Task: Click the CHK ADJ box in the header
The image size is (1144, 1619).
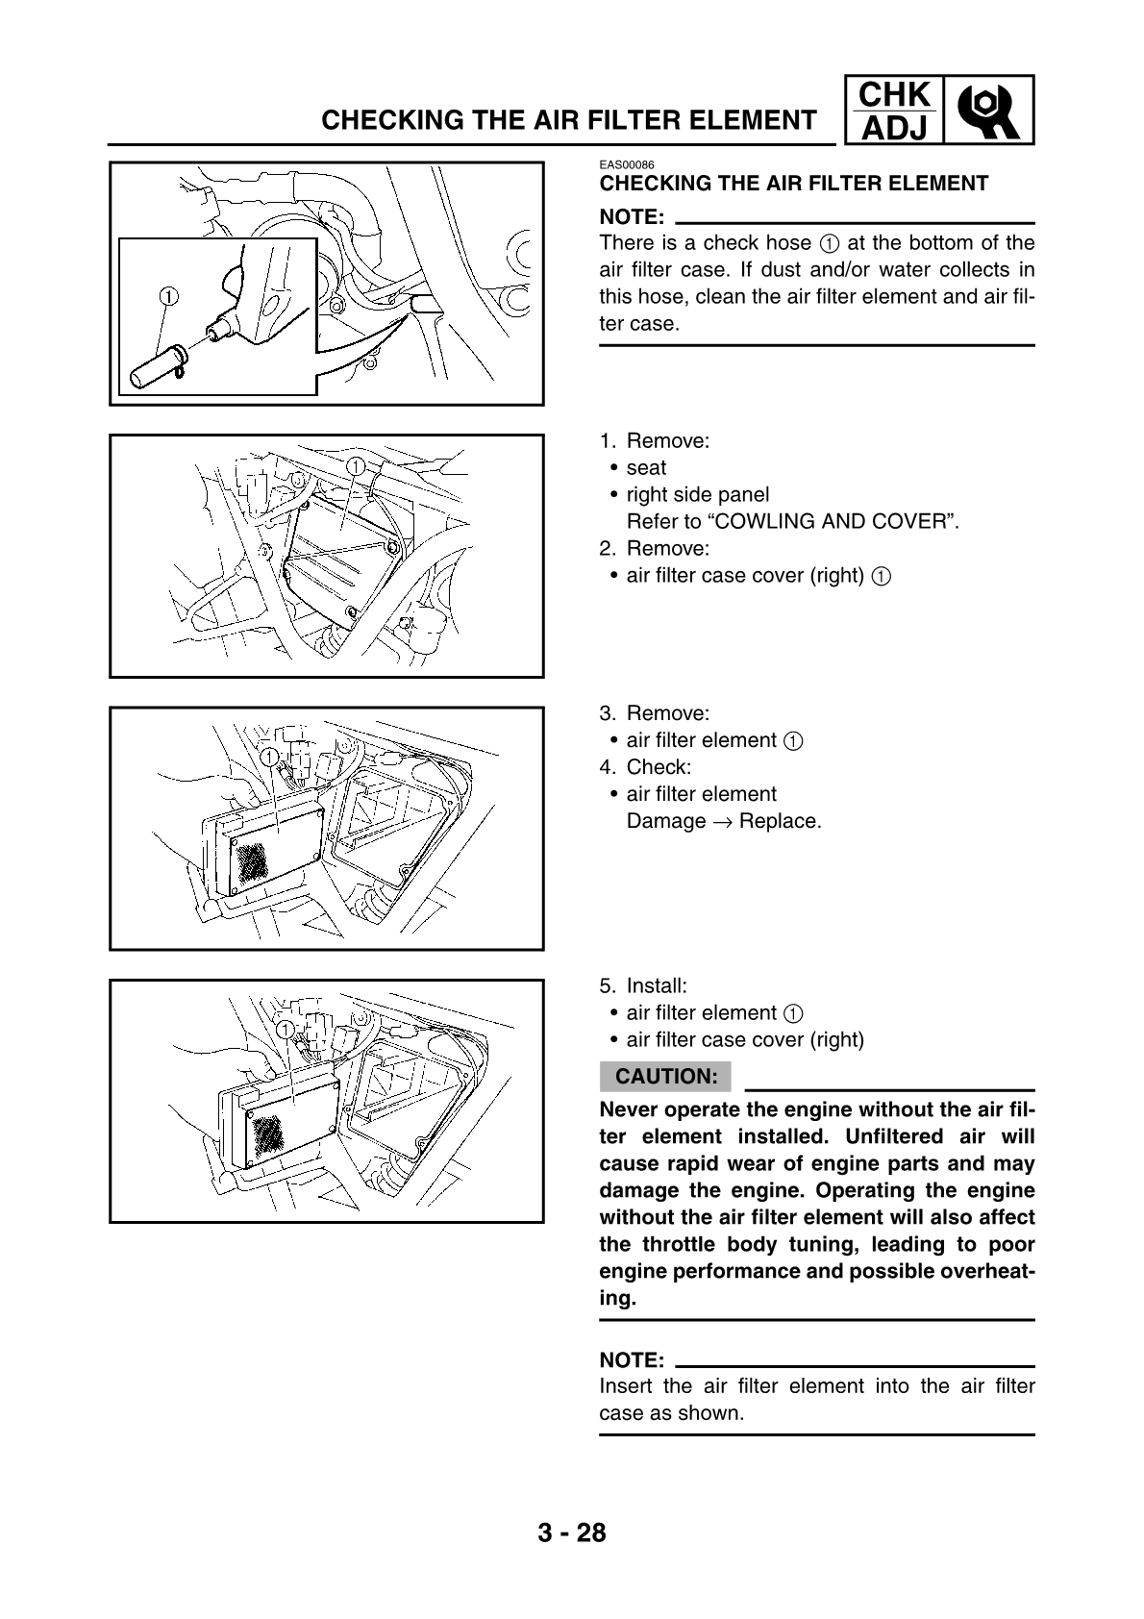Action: [x=894, y=111]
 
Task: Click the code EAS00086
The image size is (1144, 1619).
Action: [x=627, y=165]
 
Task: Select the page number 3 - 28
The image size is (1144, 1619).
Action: [x=572, y=1532]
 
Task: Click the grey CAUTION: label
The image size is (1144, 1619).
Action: [x=665, y=1076]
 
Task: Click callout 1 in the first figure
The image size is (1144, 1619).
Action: [x=167, y=295]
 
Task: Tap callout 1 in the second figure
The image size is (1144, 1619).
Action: [x=354, y=466]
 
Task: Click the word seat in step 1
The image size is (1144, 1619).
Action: [x=646, y=468]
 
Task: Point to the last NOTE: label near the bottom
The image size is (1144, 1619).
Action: [x=632, y=1360]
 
